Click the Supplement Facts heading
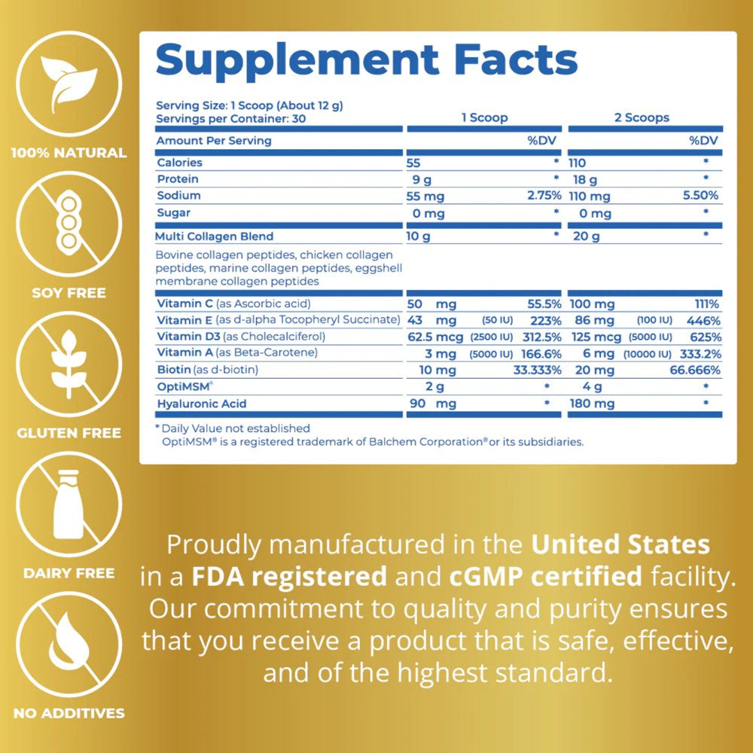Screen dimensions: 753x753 [x=366, y=61]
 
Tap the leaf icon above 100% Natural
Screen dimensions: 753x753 [x=69, y=82]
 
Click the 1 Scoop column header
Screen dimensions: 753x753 [x=484, y=117]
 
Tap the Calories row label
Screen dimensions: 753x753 [x=179, y=163]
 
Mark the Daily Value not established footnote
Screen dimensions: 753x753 [x=231, y=428]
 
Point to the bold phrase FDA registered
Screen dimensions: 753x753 [x=289, y=577]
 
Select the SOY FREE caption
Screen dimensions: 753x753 [x=69, y=292]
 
